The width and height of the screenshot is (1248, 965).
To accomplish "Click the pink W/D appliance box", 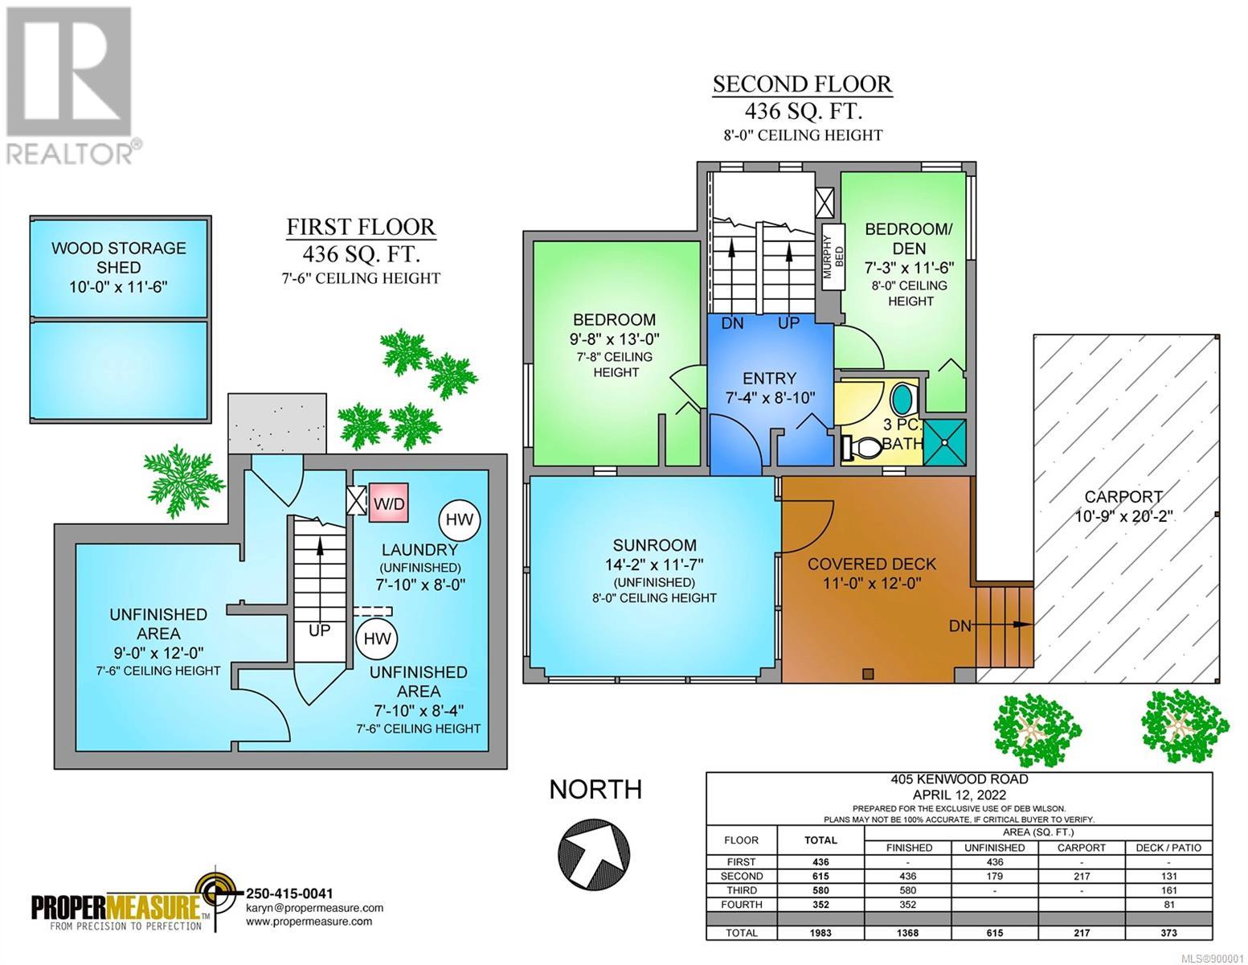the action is click(388, 503).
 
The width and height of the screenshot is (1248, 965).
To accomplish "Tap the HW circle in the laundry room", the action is click(460, 520).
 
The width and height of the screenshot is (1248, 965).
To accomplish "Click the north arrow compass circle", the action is click(594, 853).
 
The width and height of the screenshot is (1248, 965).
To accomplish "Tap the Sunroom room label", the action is click(654, 545).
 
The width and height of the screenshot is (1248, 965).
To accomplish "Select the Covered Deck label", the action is click(872, 564).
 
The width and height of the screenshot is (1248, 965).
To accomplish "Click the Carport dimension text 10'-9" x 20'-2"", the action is click(1123, 516).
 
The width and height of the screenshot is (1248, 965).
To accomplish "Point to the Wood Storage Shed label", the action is click(119, 257).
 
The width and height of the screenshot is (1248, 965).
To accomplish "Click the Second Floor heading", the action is click(802, 84).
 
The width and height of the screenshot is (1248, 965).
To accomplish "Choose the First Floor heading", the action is click(362, 227).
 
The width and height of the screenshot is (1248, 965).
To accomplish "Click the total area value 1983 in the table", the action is click(820, 933).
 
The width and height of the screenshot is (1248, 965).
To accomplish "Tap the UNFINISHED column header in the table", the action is click(995, 848).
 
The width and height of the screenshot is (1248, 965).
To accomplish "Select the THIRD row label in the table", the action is click(742, 890).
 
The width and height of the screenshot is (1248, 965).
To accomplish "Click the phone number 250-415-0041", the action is click(289, 893).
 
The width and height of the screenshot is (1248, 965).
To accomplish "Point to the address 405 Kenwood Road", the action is click(960, 779).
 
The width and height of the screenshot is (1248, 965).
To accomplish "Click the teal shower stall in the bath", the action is click(945, 441).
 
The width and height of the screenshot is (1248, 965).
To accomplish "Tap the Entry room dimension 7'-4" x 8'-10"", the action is click(770, 397).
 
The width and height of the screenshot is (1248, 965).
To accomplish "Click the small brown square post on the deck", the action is click(869, 674).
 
